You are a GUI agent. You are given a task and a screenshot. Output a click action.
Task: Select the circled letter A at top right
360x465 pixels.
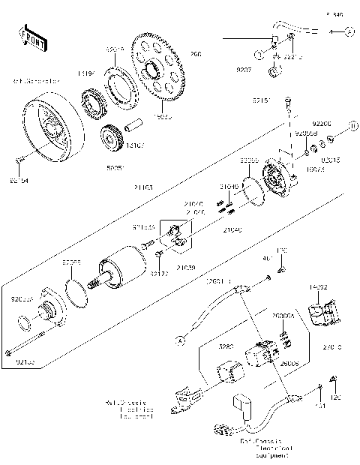(349, 31)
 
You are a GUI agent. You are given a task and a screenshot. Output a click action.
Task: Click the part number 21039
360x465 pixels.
(186, 267)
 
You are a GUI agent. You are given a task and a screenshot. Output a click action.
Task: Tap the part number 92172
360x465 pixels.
(158, 274)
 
